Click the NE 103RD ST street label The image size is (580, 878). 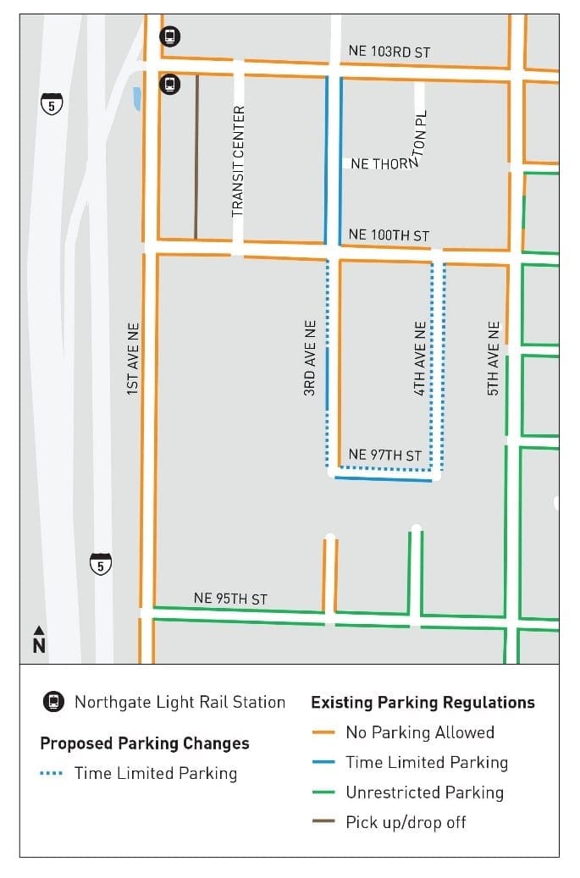tap(389, 52)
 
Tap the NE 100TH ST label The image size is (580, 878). tap(389, 235)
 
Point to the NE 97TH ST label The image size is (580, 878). tap(384, 456)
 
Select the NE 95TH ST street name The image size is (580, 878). tap(230, 599)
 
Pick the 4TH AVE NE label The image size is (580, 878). tap(420, 358)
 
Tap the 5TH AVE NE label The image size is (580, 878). tap(494, 357)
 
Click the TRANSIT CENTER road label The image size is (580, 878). tap(238, 161)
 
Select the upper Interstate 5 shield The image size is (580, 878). tap(52, 105)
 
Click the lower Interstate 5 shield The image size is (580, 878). tap(101, 563)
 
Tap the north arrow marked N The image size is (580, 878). tap(39, 641)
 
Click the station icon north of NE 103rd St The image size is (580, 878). tap(170, 36)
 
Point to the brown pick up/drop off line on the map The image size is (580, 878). tap(196, 157)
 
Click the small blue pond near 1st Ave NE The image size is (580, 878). tap(137, 99)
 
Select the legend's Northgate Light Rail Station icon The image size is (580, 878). tap(54, 702)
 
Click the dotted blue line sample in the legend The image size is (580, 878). tap(52, 774)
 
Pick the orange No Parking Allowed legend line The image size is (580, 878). tap(323, 733)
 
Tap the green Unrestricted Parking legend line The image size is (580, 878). tap(323, 793)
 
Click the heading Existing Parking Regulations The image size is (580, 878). tap(423, 702)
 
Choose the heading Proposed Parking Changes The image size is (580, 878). tap(145, 743)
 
